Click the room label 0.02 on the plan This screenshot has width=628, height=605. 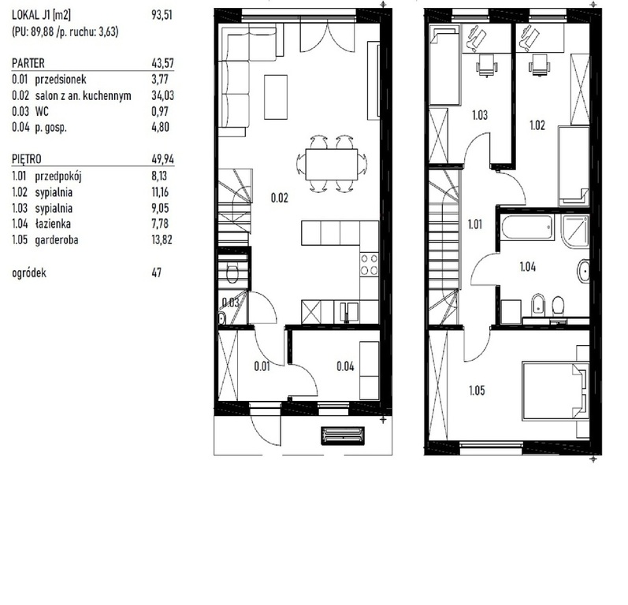pos(279,198)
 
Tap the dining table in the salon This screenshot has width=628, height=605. pos(331,165)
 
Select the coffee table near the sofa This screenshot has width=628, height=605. pos(276,97)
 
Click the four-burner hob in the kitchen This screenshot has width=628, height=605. pos(369,264)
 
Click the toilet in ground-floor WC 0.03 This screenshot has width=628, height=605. pos(232,274)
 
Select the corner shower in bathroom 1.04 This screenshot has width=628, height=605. pos(575,231)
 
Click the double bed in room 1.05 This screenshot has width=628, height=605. pos(556,392)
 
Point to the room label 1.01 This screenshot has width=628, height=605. pos(475,225)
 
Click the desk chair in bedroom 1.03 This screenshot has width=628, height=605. pos(487,65)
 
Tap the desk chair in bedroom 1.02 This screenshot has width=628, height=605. pos(539,65)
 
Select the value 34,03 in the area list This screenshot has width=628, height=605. pos(162,95)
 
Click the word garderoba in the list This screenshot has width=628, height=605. pos(57,239)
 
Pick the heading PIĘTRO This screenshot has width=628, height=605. pos(27,159)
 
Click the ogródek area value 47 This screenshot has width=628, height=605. pos(157,273)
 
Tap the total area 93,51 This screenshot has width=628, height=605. pos(162,15)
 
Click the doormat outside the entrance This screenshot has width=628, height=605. pos(343,435)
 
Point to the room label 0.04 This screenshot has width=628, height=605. pos(345,366)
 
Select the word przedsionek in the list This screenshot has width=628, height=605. pos(61,80)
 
